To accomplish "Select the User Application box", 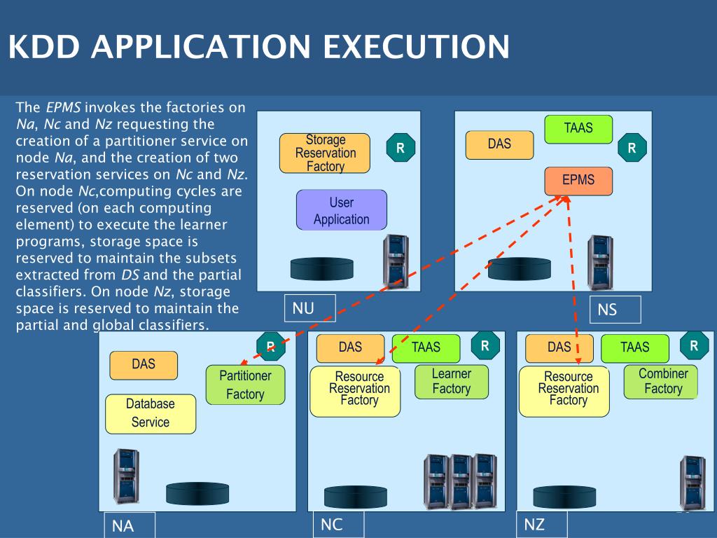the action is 342,210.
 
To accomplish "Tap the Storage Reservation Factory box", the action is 325,153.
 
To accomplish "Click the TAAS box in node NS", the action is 578,130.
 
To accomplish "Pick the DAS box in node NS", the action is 499,145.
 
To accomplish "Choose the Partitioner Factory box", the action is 246,385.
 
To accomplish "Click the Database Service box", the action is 151,414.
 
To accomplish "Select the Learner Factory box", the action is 452,382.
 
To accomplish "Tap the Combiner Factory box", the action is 661,382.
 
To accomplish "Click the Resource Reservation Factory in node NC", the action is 355,392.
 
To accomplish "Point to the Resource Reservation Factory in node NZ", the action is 564,392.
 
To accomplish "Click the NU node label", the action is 310,308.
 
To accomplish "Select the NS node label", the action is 615,310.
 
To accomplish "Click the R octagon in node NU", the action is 401,148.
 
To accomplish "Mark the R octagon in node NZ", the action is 694,346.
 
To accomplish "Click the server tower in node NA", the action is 126,476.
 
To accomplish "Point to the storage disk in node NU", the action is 322,268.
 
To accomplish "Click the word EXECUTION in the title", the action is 416,46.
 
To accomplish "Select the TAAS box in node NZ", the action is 634,348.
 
